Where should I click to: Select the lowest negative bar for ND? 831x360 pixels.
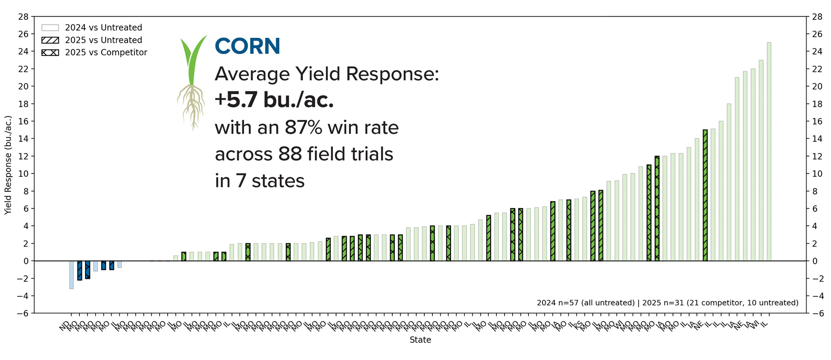[72, 275]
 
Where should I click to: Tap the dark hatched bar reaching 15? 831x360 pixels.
[705, 195]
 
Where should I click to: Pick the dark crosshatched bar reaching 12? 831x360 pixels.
[657, 209]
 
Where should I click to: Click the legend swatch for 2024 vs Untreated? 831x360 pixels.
[50, 28]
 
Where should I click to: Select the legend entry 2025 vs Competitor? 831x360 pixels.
[106, 53]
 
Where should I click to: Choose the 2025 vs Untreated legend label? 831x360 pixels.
[103, 40]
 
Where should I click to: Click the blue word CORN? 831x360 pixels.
[247, 46]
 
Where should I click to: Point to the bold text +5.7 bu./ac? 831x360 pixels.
[274, 100]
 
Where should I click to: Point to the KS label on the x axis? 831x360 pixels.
[578, 325]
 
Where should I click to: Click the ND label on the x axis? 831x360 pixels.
[64, 326]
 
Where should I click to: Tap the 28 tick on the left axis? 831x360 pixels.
[24, 17]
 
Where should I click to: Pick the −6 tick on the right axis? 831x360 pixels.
[816, 313]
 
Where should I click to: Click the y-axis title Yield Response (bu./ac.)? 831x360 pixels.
[8, 165]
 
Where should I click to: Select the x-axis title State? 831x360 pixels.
[420, 340]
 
